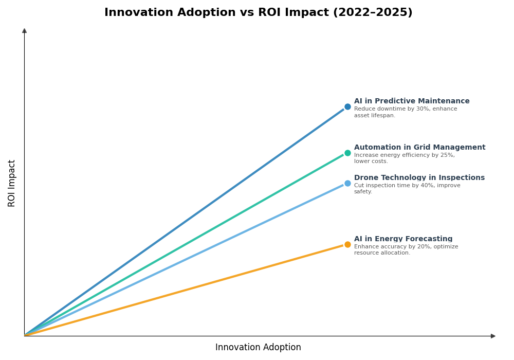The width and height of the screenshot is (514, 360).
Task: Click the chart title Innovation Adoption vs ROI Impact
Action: (x=258, y=13)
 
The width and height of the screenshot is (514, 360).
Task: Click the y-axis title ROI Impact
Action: (x=12, y=183)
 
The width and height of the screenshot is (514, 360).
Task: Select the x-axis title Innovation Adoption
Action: (x=258, y=348)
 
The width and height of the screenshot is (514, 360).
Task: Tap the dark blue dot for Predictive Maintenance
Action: (x=347, y=107)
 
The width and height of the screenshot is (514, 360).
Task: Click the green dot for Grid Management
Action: (x=347, y=153)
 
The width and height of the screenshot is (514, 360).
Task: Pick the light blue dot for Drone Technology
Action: (x=347, y=183)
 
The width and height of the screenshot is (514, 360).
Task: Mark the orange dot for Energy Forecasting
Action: (x=347, y=244)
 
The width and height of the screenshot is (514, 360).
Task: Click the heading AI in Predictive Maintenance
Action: (x=412, y=101)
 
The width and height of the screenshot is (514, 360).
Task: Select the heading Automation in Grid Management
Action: (x=419, y=148)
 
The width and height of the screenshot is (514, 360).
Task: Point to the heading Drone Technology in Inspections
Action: (x=419, y=178)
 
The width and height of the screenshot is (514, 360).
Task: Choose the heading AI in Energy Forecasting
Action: (x=403, y=239)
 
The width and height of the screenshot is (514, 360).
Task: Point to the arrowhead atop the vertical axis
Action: (x=24, y=31)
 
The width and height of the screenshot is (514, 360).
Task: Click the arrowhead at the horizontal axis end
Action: (x=493, y=336)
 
